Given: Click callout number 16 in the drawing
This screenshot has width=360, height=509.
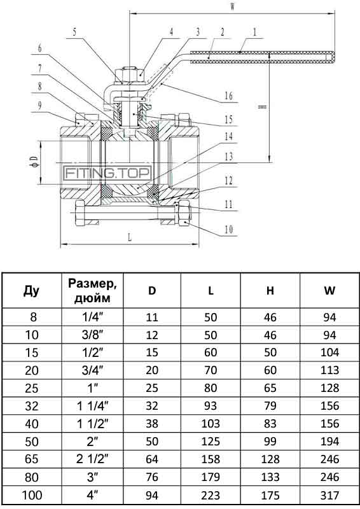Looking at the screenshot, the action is (x=228, y=96).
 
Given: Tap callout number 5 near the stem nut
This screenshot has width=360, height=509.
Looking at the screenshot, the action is (x=74, y=32).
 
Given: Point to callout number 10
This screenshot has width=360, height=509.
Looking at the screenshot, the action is (x=228, y=230).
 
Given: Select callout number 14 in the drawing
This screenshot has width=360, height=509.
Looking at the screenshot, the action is (x=228, y=136).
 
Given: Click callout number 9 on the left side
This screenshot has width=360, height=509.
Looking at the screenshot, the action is (x=39, y=105).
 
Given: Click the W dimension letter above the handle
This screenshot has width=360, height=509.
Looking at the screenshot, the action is (x=232, y=8).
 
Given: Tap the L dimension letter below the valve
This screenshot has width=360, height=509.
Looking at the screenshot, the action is (x=130, y=237).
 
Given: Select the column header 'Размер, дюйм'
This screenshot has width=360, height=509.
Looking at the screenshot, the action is (x=92, y=291).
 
